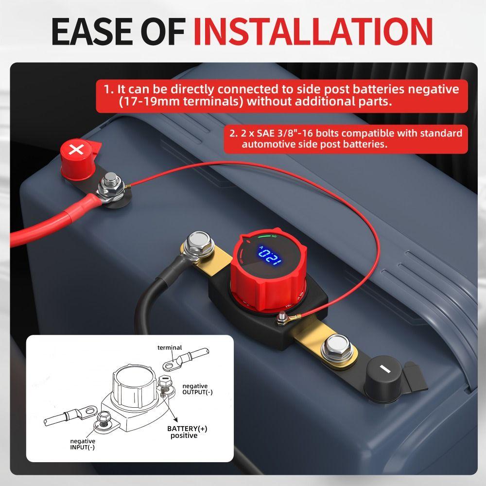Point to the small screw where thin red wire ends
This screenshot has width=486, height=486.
click(x=281, y=319)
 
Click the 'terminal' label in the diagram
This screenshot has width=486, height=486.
click(x=170, y=347)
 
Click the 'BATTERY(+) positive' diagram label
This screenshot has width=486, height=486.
click(x=187, y=432)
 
